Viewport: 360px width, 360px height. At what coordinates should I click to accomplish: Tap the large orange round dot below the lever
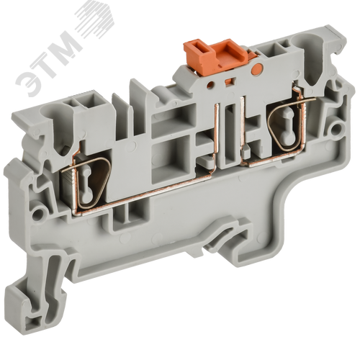[256, 69]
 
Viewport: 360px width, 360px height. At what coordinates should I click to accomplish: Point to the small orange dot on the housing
[210, 84]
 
